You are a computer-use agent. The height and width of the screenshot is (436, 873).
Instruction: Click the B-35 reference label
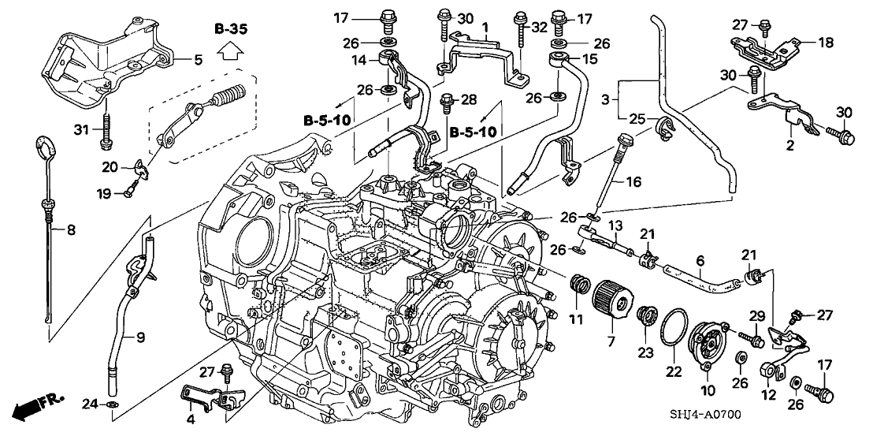tap(231, 29)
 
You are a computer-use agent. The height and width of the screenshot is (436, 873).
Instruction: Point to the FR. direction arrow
tap(35, 408)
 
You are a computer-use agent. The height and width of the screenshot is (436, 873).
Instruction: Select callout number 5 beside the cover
tap(199, 58)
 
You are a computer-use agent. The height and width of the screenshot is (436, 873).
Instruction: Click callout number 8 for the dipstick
tap(70, 231)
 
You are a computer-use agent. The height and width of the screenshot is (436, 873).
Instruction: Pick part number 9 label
tap(140, 337)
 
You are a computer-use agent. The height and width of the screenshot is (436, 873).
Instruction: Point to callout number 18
tap(825, 44)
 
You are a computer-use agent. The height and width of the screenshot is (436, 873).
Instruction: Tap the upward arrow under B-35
tap(231, 53)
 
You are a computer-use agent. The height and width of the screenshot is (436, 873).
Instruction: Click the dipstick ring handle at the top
tap(46, 147)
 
